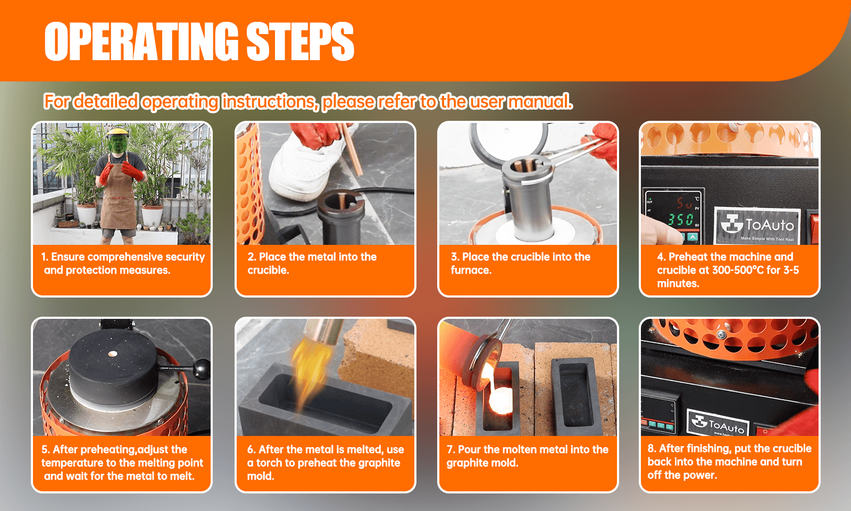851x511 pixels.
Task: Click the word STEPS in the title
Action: pos(300,42)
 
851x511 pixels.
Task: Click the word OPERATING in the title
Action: pos(141,42)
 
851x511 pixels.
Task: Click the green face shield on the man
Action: pos(118,142)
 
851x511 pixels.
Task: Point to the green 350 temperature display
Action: pos(680,219)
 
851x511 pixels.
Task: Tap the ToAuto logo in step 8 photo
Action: pos(718,423)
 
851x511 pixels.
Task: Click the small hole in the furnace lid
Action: pos(112,353)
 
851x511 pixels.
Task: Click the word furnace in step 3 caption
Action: pos(470,270)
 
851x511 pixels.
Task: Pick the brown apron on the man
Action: pos(119,202)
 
